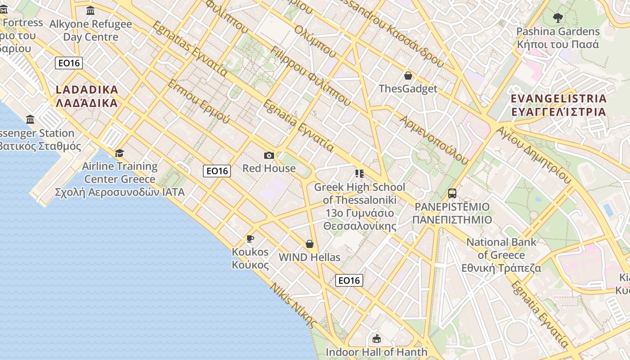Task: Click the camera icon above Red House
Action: (x=269, y=156)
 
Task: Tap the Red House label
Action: (x=269, y=168)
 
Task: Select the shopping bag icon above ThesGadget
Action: (x=408, y=76)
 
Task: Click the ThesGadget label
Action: (x=408, y=89)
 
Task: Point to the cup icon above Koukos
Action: (x=250, y=238)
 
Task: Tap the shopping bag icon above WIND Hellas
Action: (x=310, y=244)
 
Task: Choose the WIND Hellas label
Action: (x=310, y=257)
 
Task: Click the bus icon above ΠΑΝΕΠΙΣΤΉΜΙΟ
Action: (x=452, y=193)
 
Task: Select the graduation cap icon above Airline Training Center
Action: (x=119, y=153)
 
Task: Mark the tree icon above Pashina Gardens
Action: (x=558, y=18)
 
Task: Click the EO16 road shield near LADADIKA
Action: (x=69, y=63)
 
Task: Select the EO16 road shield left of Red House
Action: (x=217, y=171)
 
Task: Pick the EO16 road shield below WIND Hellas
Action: (x=349, y=280)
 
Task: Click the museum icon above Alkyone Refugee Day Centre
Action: (x=90, y=11)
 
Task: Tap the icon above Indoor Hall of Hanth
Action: (x=376, y=338)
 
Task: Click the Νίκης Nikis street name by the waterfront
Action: (x=293, y=304)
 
